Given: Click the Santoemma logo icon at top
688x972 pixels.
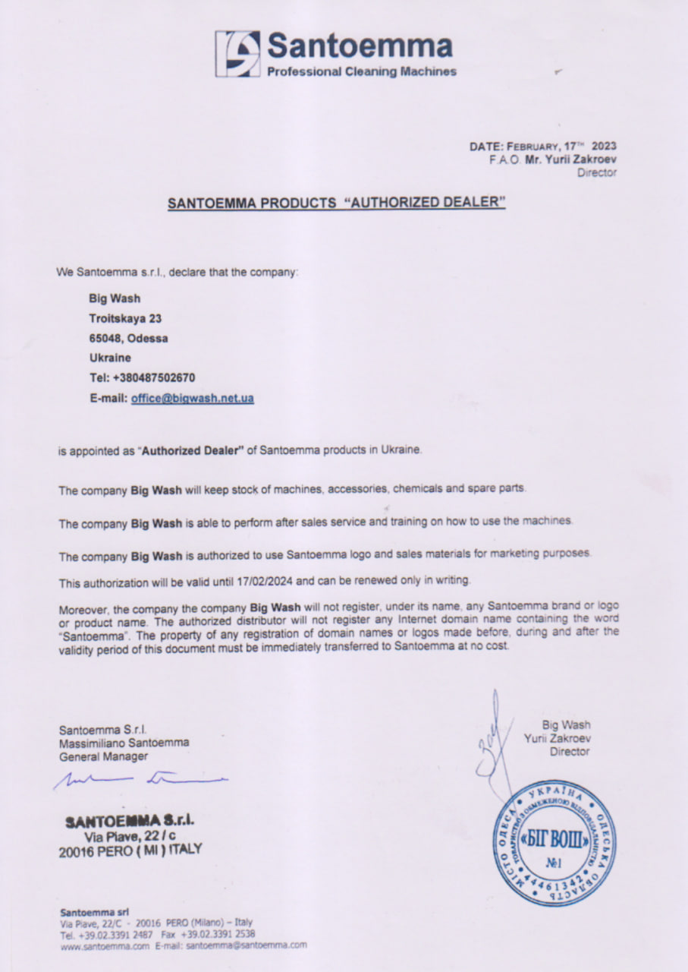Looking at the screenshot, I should pyautogui.click(x=237, y=53).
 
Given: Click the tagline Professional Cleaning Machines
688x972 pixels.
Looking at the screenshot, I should pyautogui.click(x=361, y=72).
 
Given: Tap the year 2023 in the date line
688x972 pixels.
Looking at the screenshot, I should pyautogui.click(x=605, y=145).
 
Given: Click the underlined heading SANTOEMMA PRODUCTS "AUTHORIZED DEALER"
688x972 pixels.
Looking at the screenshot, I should pyautogui.click(x=336, y=204).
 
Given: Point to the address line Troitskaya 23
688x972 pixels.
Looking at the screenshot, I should pyautogui.click(x=125, y=319).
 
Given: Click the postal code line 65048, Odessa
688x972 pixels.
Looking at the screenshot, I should pyautogui.click(x=129, y=338).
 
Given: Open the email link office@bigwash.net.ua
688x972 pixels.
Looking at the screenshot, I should pyautogui.click(x=192, y=398).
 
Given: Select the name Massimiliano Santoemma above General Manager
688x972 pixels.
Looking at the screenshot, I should pyautogui.click(x=124, y=743).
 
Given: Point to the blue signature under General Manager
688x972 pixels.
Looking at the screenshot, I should pyautogui.click(x=140, y=778).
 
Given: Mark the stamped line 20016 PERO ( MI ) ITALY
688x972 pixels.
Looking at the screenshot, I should pyautogui.click(x=130, y=850).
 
